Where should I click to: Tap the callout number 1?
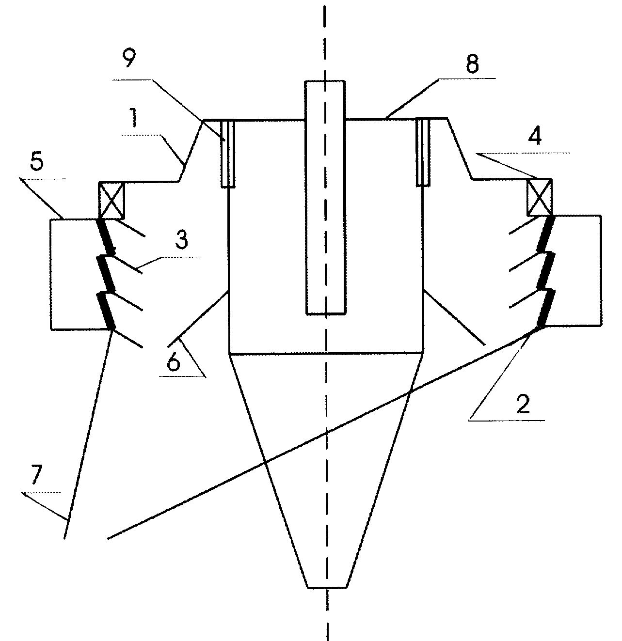point(133,118)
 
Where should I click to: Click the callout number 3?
point(181,240)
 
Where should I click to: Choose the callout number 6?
point(174,361)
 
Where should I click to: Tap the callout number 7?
point(36,476)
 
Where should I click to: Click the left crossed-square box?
point(112,200)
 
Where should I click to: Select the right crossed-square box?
point(539,198)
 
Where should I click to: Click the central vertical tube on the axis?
point(325,198)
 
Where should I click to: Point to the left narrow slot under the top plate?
point(228,154)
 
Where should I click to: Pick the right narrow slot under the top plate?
point(423,152)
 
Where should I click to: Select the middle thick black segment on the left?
point(106,274)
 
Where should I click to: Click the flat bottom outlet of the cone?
point(327,587)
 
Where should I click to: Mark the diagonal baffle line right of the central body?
point(454,317)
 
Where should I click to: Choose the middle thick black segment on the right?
point(546,270)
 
